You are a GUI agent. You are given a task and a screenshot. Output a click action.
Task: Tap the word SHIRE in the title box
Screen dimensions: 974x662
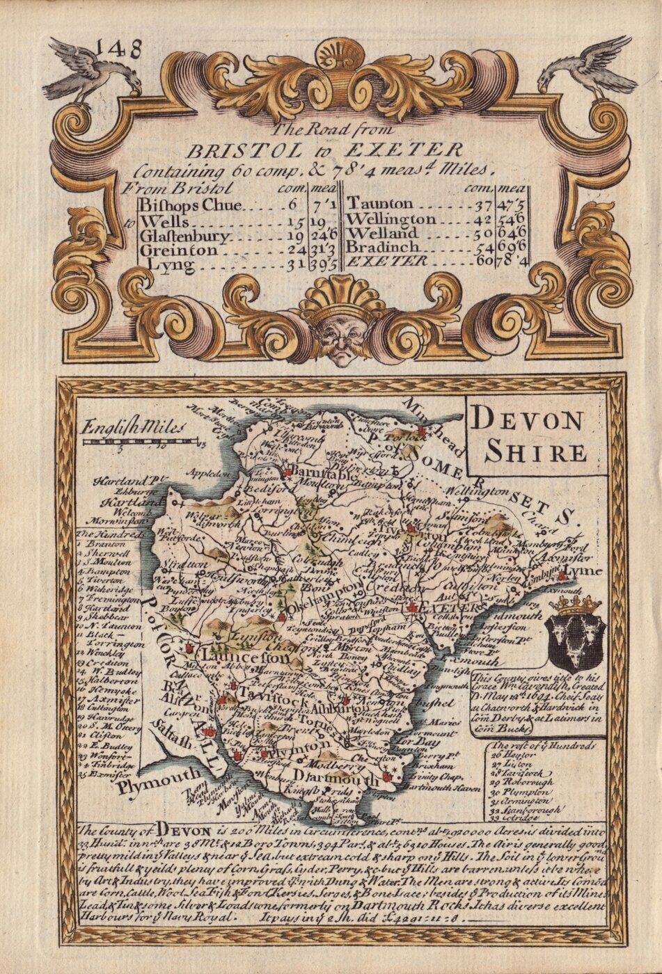click(535, 453)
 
